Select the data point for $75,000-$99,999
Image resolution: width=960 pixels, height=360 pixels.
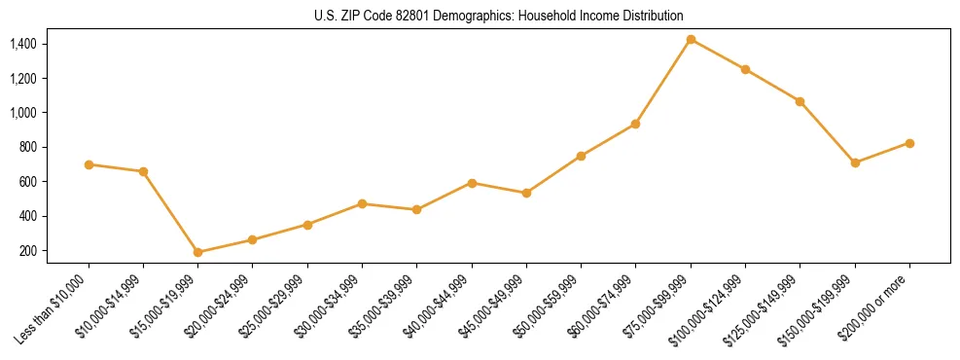point(691,39)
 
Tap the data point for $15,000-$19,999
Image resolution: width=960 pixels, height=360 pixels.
point(198,252)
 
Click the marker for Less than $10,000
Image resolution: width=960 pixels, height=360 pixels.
point(89,164)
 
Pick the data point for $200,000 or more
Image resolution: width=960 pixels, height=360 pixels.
point(909,143)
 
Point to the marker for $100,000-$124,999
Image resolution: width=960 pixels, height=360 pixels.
point(745,69)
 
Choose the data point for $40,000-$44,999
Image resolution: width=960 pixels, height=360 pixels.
point(472,183)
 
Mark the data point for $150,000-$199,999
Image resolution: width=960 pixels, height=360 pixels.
point(855,162)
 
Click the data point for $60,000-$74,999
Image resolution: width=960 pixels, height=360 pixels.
point(636,124)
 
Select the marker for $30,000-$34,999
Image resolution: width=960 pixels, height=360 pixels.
point(362,203)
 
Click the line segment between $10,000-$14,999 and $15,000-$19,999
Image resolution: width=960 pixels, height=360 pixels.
point(171,212)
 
